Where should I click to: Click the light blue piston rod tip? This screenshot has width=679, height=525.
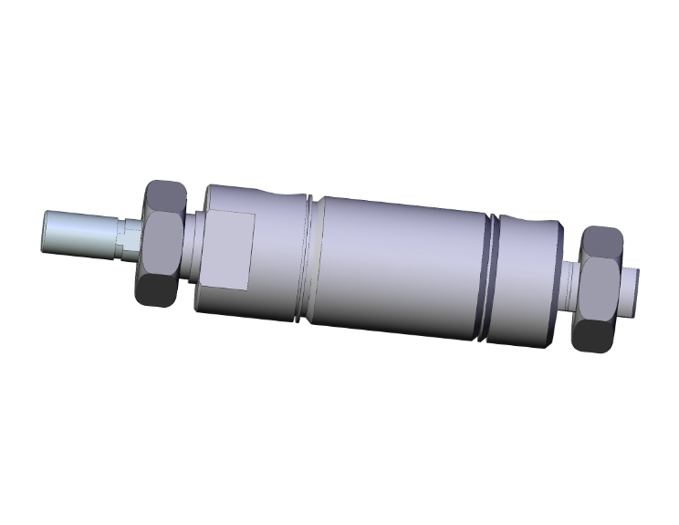click(78, 233)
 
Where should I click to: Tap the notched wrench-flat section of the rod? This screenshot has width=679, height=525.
click(128, 240)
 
